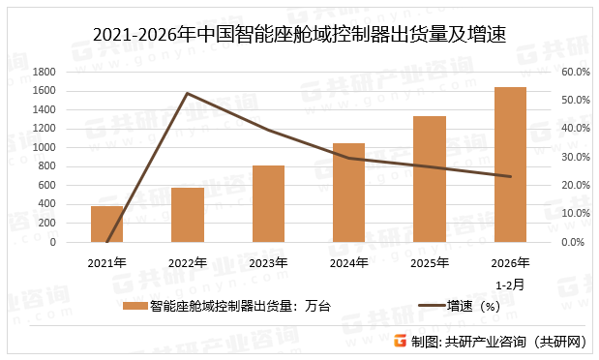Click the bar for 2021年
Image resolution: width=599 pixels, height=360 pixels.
pyautogui.click(x=106, y=225)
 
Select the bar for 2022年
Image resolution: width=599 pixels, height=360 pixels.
pyautogui.click(x=188, y=215)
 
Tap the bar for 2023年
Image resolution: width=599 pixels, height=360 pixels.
pyautogui.click(x=268, y=204)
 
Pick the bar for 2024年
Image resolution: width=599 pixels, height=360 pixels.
pyautogui.click(x=348, y=193)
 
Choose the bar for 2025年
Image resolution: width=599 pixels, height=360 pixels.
pyautogui.click(x=430, y=179)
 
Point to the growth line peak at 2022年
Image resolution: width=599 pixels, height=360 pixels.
pyautogui.click(x=188, y=93)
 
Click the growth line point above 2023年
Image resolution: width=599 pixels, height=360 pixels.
pyautogui.click(x=268, y=131)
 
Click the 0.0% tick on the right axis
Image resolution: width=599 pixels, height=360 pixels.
pyautogui.click(x=573, y=242)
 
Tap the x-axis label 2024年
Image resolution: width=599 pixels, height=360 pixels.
pyautogui.click(x=348, y=263)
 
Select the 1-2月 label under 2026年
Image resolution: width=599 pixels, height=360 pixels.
pyautogui.click(x=510, y=285)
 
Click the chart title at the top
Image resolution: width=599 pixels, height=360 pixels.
pyautogui.click(x=299, y=36)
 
